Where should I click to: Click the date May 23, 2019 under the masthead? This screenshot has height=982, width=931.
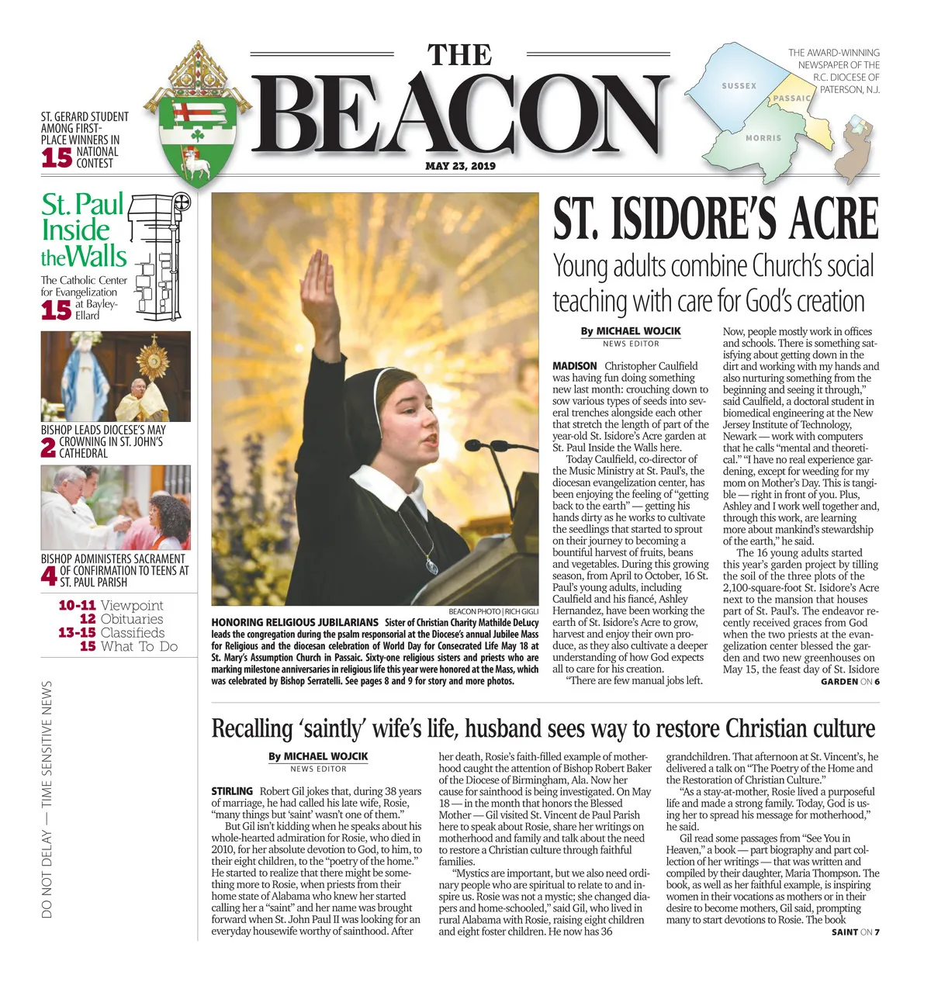click(460, 166)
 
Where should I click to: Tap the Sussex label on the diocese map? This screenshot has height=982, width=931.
click(739, 86)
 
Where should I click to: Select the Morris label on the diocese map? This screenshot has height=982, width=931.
click(763, 138)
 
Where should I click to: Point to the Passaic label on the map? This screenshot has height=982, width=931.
click(791, 99)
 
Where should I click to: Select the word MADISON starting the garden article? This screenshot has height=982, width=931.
click(574, 366)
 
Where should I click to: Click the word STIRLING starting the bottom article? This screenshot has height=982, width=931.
click(232, 791)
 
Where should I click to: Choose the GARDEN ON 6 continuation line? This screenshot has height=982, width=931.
click(850, 682)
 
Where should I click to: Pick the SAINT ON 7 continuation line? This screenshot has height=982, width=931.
click(855, 932)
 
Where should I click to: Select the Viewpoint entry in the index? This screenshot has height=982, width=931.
click(132, 605)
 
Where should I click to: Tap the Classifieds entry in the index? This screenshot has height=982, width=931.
click(133, 633)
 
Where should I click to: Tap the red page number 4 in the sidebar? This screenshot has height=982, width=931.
click(49, 576)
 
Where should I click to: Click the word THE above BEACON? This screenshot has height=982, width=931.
click(460, 56)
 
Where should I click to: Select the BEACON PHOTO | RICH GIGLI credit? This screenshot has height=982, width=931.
click(493, 612)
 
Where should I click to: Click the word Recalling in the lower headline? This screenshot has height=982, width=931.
click(252, 729)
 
